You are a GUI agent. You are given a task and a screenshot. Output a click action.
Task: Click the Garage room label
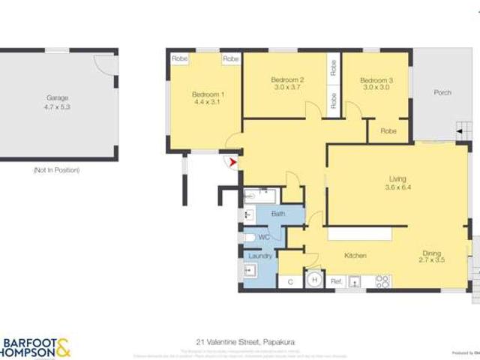pyautogui.click(x=58, y=98)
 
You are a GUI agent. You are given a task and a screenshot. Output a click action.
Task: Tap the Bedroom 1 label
pyautogui.click(x=208, y=94)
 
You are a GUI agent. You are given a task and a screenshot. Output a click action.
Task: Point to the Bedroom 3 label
pyautogui.click(x=376, y=80)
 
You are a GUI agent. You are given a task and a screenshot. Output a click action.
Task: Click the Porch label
pyautogui.click(x=442, y=93)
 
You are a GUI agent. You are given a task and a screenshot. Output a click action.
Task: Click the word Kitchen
pyautogui.click(x=355, y=256)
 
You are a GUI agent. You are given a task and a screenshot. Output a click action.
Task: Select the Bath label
pyautogui.click(x=278, y=214)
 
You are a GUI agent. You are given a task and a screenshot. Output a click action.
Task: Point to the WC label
pyautogui.click(x=264, y=237)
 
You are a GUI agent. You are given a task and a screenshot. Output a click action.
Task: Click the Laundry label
pyautogui.click(x=260, y=256)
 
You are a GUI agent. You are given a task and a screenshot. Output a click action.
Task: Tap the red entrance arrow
pyautogui.click(x=233, y=161)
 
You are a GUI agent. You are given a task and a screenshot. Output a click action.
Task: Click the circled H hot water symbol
pyautogui.click(x=315, y=281)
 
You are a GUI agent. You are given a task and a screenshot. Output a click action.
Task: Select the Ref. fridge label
pyautogui.click(x=337, y=281)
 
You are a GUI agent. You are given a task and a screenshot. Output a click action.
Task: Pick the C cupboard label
pyautogui.click(x=289, y=282)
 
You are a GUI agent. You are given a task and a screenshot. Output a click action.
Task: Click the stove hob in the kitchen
pyautogui.click(x=382, y=281)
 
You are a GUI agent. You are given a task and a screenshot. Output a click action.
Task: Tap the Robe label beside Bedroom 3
pyautogui.click(x=388, y=131)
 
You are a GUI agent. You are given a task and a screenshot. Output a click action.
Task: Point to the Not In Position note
pyautogui.click(x=56, y=171)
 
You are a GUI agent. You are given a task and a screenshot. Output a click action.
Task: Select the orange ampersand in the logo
pyautogui.click(x=64, y=346)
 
